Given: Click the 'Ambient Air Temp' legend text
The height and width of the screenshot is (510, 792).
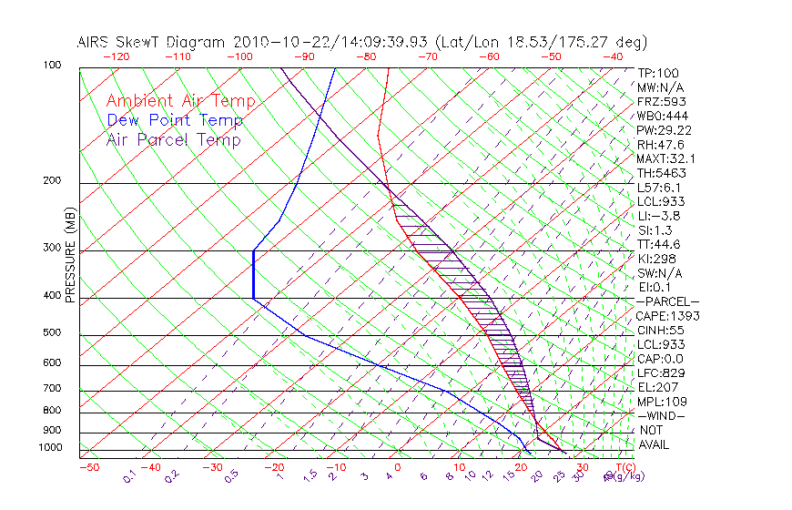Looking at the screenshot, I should pos(181,101).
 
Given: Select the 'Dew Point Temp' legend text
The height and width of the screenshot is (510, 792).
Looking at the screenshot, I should pos(175,120).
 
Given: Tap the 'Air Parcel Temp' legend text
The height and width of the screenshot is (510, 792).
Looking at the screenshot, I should pos(174,139).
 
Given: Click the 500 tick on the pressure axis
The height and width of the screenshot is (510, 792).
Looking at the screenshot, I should pos(54,332).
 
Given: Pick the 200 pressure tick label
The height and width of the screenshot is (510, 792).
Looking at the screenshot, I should pos(54,180).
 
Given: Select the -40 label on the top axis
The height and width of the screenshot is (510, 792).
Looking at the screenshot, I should pos(613,56).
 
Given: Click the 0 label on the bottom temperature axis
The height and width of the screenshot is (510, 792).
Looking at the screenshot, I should pos(399,467).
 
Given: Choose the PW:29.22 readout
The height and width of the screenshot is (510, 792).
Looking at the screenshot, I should pos(665,130).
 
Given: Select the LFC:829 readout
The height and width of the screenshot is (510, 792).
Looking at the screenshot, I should pos(660,372).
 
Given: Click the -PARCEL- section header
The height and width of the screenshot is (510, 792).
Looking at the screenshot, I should pos(668,301).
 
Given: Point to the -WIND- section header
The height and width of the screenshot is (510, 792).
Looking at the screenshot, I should pos(662,415).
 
